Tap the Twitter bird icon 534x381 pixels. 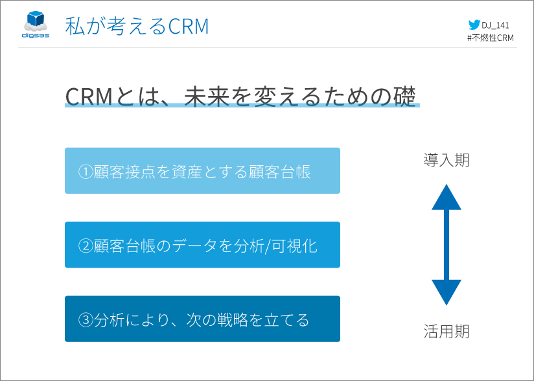click(474, 25)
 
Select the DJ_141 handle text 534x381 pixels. click(495, 25)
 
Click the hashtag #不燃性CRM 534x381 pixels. click(491, 38)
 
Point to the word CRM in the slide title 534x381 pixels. click(189, 27)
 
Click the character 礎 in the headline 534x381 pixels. click(404, 97)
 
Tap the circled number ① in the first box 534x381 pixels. click(86, 172)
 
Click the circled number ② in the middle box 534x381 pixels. click(86, 246)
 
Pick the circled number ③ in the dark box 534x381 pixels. click(86, 319)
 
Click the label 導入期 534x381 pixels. click(446, 160)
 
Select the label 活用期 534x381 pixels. click(446, 331)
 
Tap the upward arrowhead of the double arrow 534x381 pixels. click(446, 198)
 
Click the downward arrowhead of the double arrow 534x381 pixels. click(446, 292)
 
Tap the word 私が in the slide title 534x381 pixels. click(84, 27)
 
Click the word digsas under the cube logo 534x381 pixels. click(36, 36)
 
